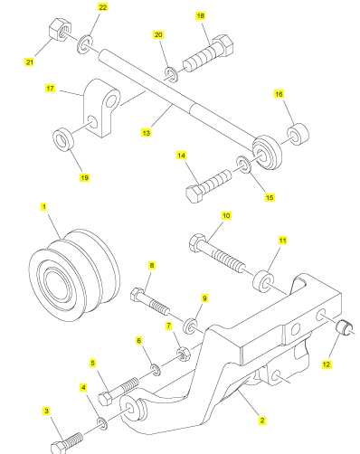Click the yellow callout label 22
pyautogui.click(x=103, y=7)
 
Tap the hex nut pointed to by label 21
pyautogui.click(x=60, y=29)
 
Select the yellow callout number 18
pyautogui.click(x=201, y=15)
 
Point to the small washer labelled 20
pyautogui.click(x=171, y=74)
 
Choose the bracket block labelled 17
pyautogui.click(x=101, y=108)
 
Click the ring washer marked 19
pyautogui.click(x=63, y=139)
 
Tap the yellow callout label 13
pyautogui.click(x=146, y=133)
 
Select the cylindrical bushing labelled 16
pyautogui.click(x=298, y=134)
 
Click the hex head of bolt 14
pyautogui.click(x=194, y=194)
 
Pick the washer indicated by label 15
pyautogui.click(x=243, y=165)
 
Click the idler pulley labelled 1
pyautogui.click(x=74, y=276)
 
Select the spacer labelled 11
pyautogui.click(x=264, y=281)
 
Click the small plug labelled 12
pyautogui.click(x=344, y=327)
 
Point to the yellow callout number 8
pyautogui.click(x=152, y=266)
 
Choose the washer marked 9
pyautogui.click(x=191, y=326)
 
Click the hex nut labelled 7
pyautogui.click(x=184, y=354)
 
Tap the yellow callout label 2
pyautogui.click(x=262, y=421)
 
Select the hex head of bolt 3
pyautogui.click(x=59, y=448)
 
